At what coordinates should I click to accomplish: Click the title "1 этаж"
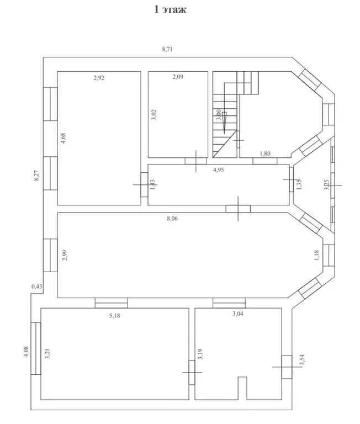[170, 9]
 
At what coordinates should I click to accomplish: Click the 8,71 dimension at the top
[167, 50]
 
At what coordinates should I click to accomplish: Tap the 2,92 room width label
[99, 78]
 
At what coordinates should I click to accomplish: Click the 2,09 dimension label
[177, 77]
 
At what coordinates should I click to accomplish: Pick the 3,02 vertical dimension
[154, 115]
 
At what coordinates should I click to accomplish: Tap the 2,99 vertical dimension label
[65, 256]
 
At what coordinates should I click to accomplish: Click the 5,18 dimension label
[115, 316]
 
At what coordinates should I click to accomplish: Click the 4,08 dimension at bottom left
[25, 352]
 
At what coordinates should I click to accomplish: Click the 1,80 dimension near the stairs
[265, 155]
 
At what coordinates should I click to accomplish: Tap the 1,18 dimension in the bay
[317, 255]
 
